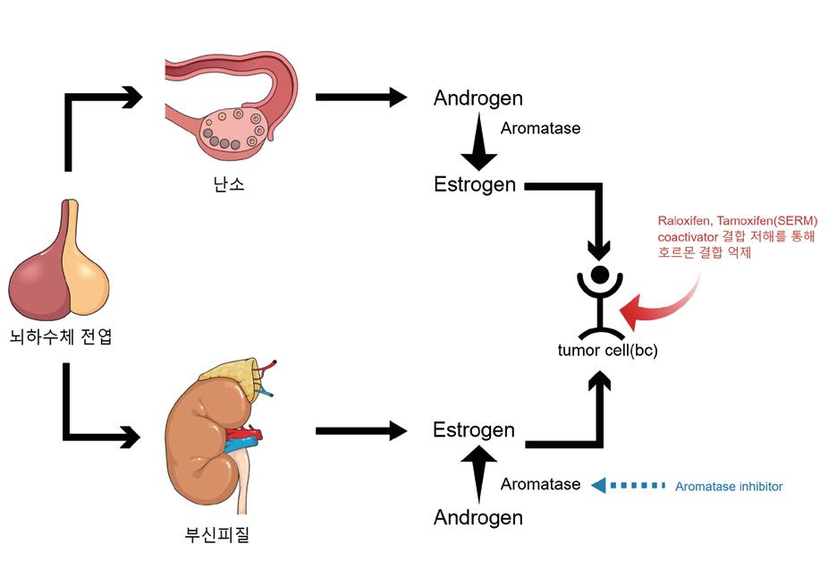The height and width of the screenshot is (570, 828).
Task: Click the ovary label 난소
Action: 224,185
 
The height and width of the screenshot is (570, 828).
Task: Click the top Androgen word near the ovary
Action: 477,98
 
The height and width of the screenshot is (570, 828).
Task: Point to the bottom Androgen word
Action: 477,517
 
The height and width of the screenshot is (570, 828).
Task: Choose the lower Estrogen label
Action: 474,430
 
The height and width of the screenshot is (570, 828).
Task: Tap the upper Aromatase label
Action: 540,128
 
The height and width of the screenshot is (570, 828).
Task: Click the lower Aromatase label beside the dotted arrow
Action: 540,484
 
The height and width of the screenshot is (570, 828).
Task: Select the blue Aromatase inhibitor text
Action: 729,487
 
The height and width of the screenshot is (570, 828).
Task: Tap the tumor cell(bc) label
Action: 607,351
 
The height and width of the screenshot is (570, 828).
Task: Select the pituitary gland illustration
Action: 61,264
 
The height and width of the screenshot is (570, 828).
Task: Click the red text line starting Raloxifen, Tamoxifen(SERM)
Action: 738,221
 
